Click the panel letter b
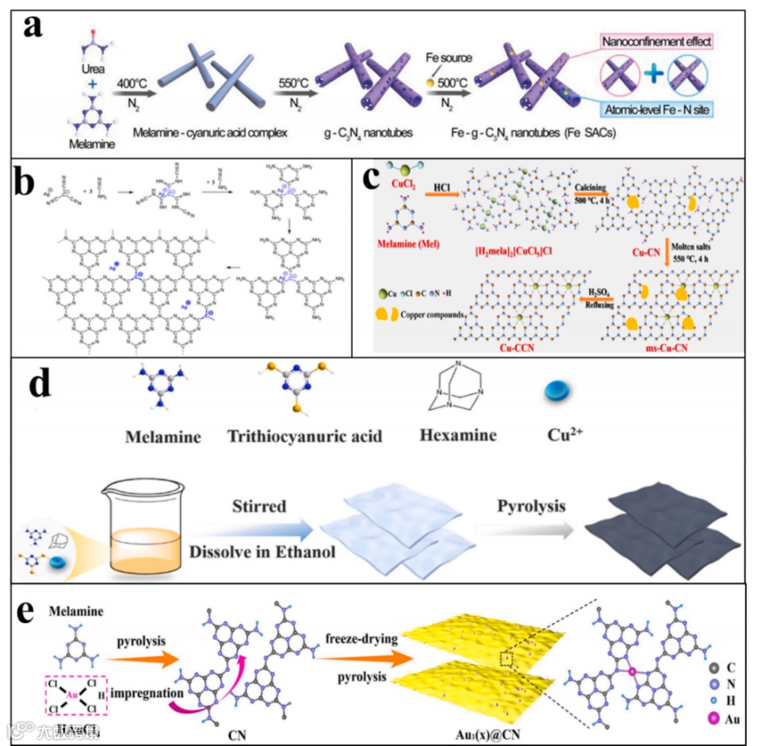click(33, 182)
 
